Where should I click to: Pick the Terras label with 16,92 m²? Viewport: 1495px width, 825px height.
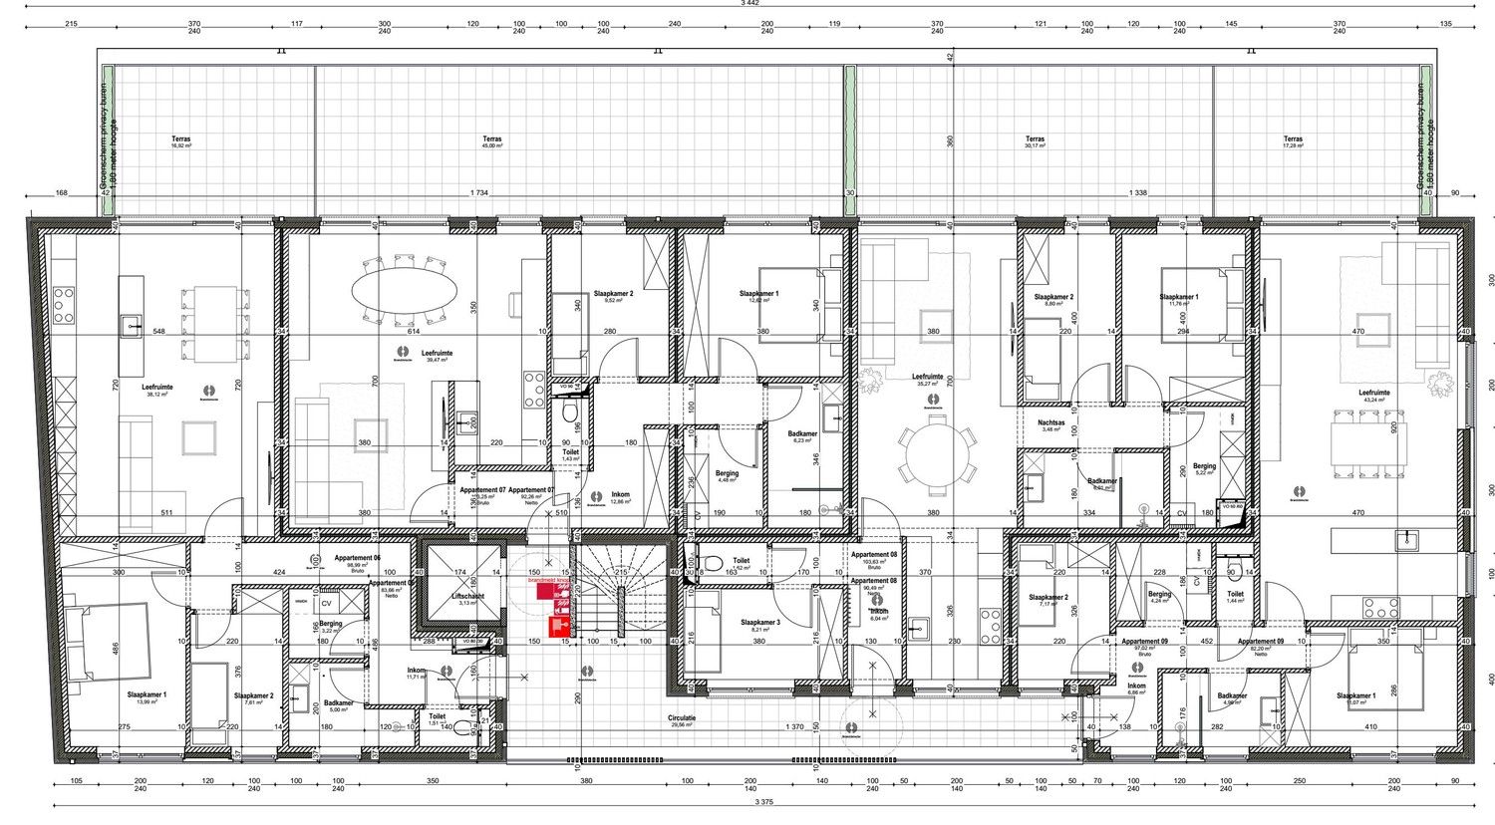180,139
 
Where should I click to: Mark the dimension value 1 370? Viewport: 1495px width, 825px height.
793,726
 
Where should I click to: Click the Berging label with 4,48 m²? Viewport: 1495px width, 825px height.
727,474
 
